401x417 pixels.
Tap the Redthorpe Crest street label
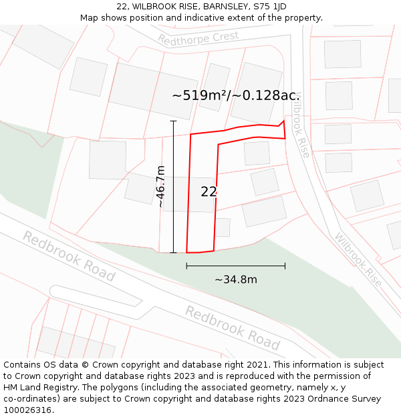point(198,39)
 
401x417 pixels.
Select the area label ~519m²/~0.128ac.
point(235,95)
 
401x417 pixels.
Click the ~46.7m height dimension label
point(160,186)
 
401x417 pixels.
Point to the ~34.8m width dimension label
point(235,280)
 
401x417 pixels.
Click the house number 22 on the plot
point(209,191)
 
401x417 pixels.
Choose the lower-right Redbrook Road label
point(232,328)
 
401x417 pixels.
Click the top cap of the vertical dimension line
point(173,121)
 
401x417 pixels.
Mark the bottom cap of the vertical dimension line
point(173,253)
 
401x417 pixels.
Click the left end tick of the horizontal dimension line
point(186,266)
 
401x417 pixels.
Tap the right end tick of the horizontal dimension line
point(285,266)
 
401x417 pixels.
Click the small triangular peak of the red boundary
point(283,121)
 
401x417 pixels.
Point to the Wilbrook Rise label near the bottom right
point(358,260)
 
